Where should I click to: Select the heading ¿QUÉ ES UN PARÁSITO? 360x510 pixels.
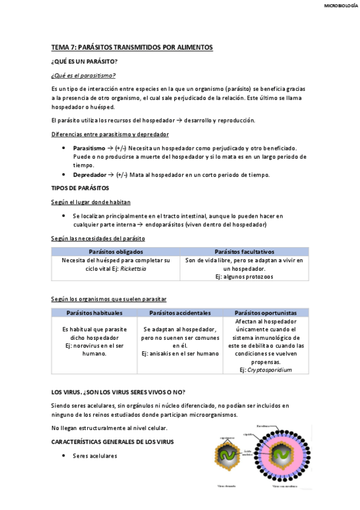click(x=85, y=62)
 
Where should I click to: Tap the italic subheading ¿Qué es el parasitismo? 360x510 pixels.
click(x=84, y=75)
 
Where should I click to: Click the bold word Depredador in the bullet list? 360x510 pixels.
click(x=90, y=174)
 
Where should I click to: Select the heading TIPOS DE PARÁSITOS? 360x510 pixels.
click(x=80, y=188)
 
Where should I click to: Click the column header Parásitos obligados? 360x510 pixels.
click(x=115, y=251)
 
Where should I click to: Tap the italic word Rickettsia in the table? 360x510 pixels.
click(x=133, y=269)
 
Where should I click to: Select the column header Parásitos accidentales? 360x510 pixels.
click(x=180, y=313)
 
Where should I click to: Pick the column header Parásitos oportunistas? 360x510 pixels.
click(x=265, y=313)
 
